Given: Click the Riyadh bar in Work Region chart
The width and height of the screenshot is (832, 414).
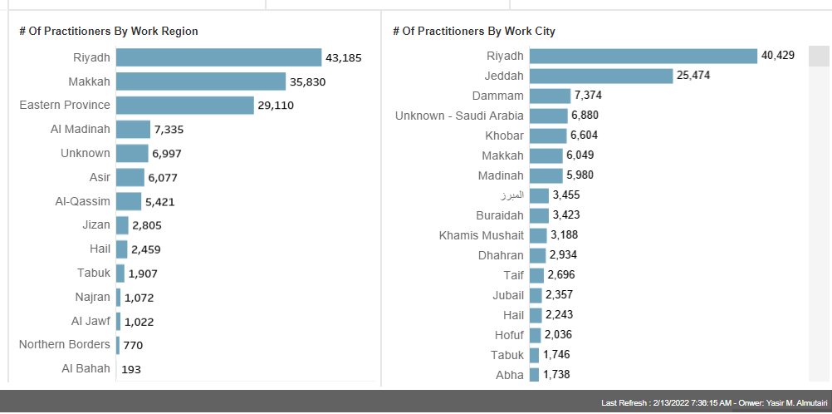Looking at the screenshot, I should tap(218, 57).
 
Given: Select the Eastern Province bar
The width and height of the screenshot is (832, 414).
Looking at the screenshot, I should tap(184, 106).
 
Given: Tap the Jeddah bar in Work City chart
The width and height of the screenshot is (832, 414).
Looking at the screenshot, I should tap(600, 76).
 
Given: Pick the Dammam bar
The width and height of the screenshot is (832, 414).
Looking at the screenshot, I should tap(550, 96).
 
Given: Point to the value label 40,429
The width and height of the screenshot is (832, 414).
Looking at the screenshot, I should tap(778, 56).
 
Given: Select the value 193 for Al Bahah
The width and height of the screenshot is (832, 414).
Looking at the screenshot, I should tap(131, 368).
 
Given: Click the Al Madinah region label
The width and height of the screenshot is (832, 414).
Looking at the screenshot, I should tap(80, 129).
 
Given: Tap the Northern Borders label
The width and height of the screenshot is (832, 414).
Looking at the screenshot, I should tap(65, 344).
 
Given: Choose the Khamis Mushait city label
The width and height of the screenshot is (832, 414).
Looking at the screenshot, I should tap(482, 235).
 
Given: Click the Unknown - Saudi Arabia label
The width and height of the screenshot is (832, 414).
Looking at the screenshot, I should tap(459, 116).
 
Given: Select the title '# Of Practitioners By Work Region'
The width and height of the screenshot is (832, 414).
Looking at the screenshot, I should tap(109, 31).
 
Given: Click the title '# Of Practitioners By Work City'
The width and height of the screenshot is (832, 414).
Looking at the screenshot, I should tap(474, 31).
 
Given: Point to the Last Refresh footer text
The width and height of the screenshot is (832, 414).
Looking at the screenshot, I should tap(712, 402).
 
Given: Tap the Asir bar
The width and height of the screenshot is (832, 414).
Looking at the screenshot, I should tap(130, 177).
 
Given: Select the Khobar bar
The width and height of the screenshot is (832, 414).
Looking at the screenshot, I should tap(547, 136).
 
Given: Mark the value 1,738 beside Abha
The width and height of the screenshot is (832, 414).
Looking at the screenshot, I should tap(556, 375).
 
